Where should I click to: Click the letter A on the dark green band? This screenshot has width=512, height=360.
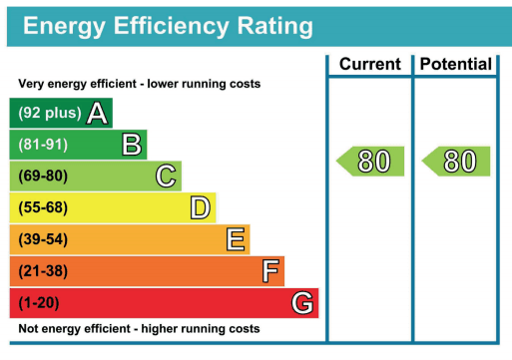click(x=97, y=113)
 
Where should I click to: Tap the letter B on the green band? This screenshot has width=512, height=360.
click(x=131, y=145)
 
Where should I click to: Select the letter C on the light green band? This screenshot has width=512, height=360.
click(x=167, y=177)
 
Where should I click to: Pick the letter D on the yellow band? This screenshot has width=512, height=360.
click(x=201, y=207)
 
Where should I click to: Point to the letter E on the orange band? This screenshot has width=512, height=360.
click(x=236, y=239)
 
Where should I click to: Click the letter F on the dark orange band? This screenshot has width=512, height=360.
click(x=269, y=271)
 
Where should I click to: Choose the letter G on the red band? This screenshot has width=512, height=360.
click(x=302, y=303)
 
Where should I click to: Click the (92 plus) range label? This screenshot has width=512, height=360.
click(x=49, y=113)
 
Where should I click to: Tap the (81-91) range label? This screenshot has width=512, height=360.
click(x=43, y=145)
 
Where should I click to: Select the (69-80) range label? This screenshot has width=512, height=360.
click(x=43, y=177)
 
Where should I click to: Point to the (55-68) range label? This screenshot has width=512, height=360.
click(x=43, y=207)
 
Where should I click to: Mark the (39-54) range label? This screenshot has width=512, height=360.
click(x=43, y=239)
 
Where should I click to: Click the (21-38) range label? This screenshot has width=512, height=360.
click(x=43, y=271)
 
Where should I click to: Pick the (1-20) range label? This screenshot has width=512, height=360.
click(x=40, y=303)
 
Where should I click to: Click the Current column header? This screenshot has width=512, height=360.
click(x=369, y=65)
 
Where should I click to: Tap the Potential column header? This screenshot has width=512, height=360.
click(x=455, y=65)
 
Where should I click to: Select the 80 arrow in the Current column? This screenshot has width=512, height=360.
click(x=370, y=161)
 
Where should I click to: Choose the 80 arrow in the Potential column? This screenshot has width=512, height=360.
click(x=456, y=161)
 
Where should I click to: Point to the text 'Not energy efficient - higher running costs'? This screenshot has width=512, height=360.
click(x=140, y=328)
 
